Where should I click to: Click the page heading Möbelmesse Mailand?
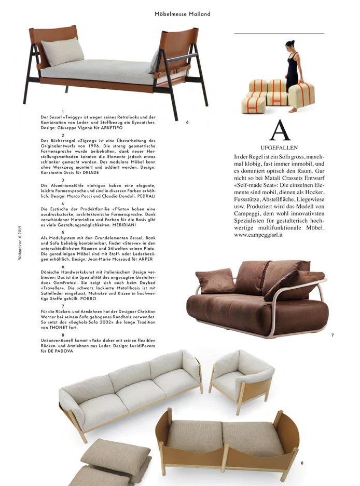[x=183, y=14]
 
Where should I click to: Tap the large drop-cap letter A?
[x=280, y=131]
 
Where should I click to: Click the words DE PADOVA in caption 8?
[x=61, y=350]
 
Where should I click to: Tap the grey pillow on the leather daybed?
[x=63, y=51]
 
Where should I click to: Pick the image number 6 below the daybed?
[x=187, y=122]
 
